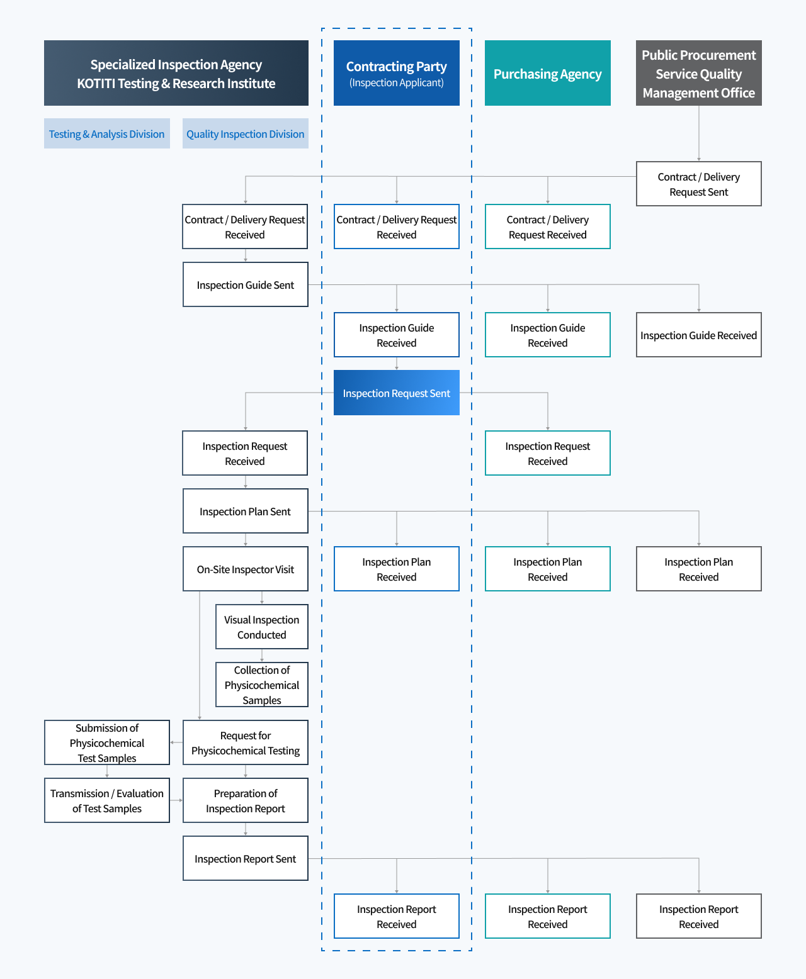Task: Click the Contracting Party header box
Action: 397,73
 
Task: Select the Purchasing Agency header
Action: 548,73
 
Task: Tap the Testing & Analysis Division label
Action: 107,133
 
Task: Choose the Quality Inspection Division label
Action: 246,133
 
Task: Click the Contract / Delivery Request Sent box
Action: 699,184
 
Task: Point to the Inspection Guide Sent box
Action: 246,284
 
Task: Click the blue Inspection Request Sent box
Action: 397,393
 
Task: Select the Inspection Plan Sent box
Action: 246,511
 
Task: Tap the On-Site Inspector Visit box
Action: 246,569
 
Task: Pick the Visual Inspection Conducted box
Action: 262,627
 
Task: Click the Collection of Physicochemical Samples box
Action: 262,685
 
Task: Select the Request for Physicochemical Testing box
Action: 246,742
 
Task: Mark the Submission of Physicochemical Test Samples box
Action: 107,742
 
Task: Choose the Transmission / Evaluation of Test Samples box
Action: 107,800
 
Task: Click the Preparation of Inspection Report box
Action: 246,800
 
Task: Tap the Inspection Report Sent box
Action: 246,858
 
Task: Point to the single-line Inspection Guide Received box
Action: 699,335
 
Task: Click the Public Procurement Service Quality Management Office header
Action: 699,73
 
